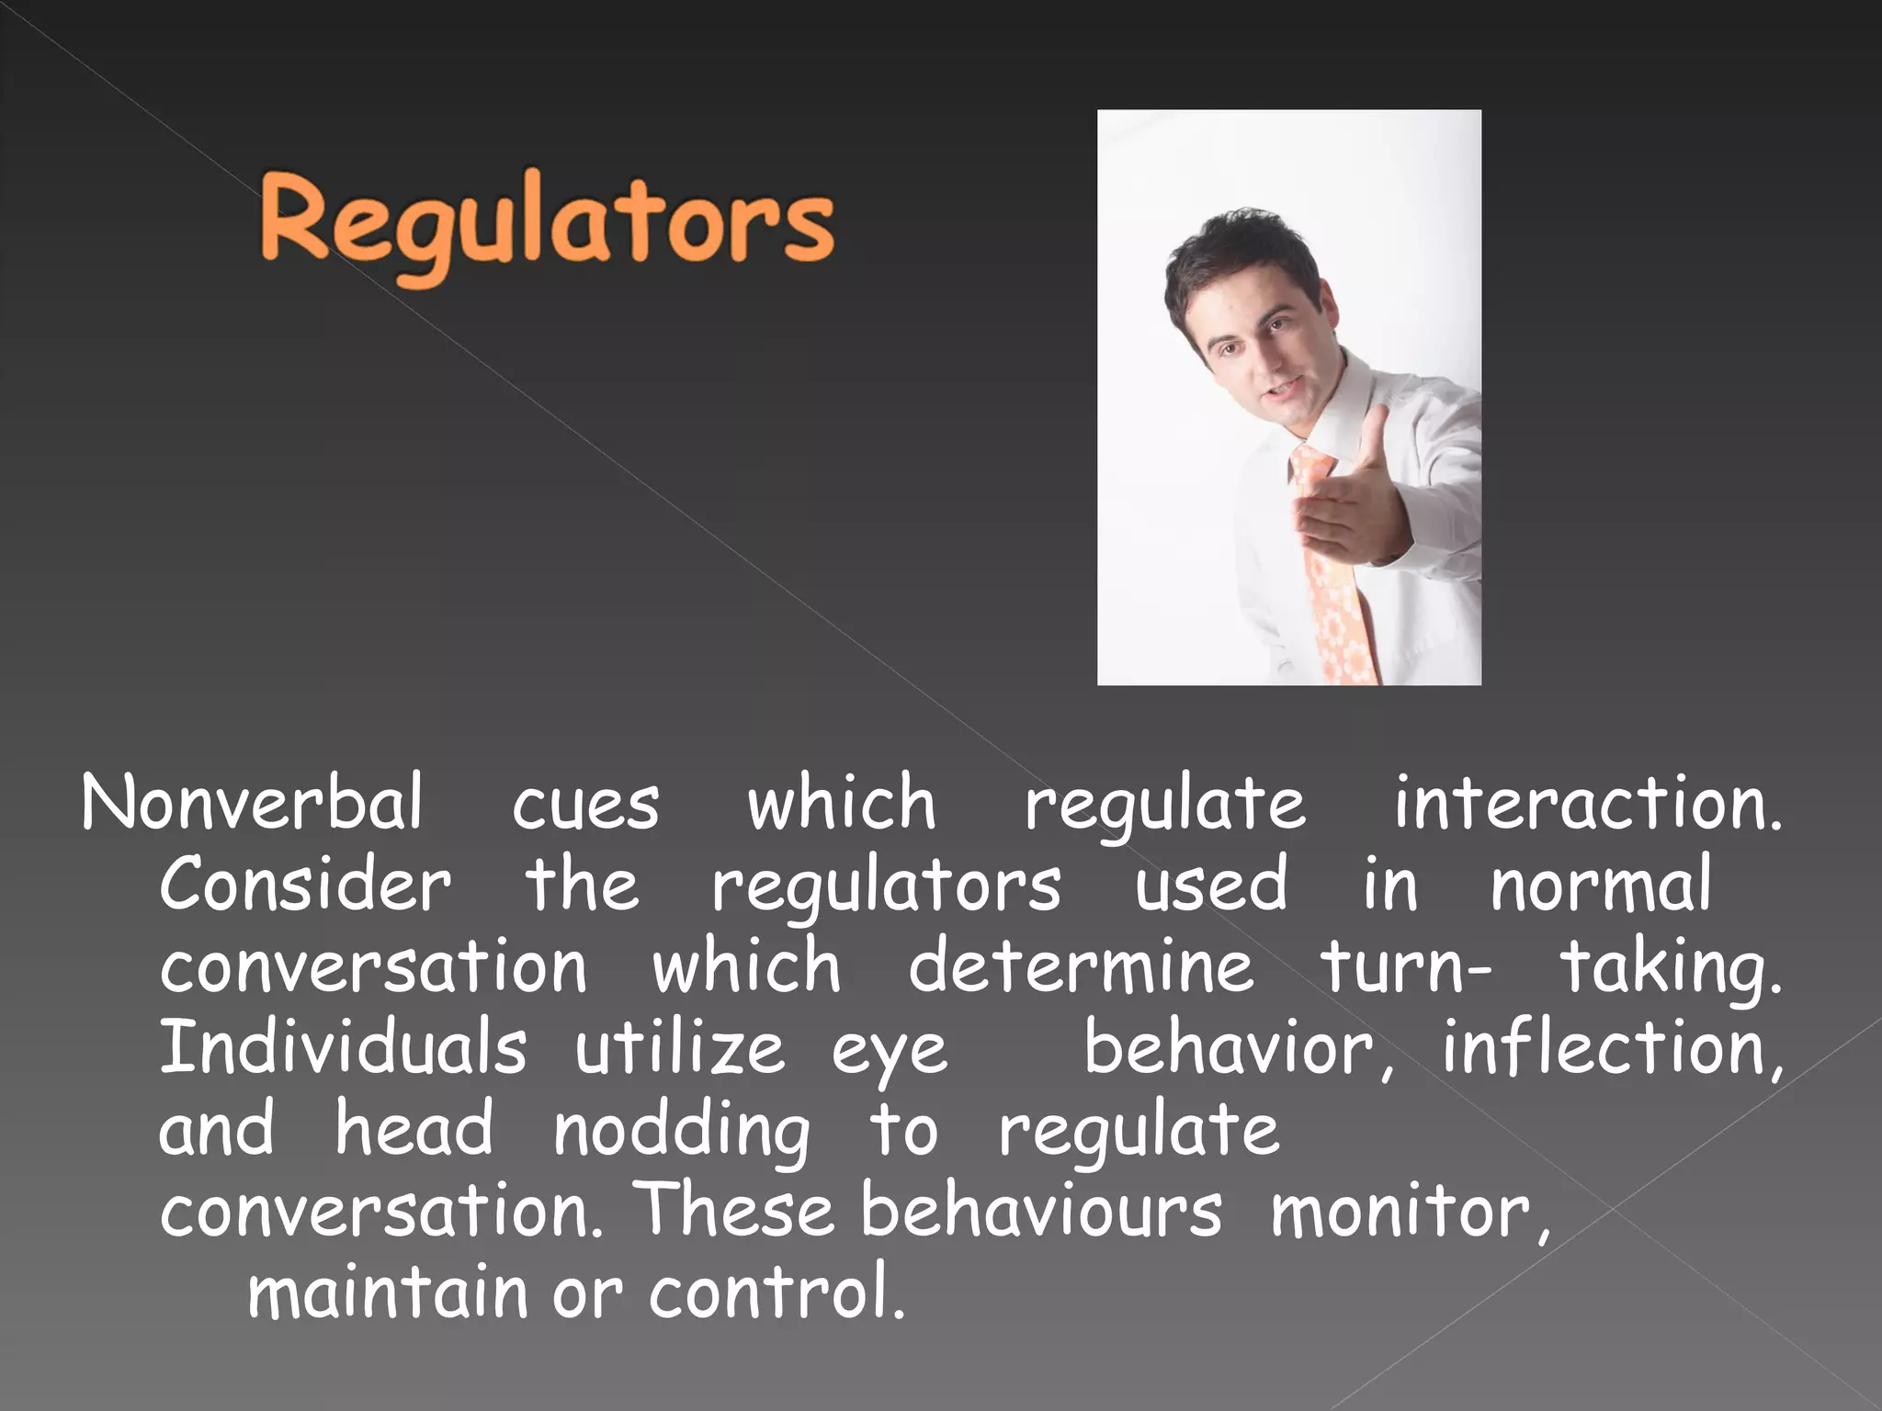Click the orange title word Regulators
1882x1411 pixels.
tap(548, 225)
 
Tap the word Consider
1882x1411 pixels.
tap(305, 885)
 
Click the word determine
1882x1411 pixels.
tap(1081, 965)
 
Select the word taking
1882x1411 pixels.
tap(1671, 967)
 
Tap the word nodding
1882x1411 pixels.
tap(682, 1130)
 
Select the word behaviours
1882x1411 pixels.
tap(1042, 1210)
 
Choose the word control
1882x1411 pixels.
tap(777, 1291)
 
